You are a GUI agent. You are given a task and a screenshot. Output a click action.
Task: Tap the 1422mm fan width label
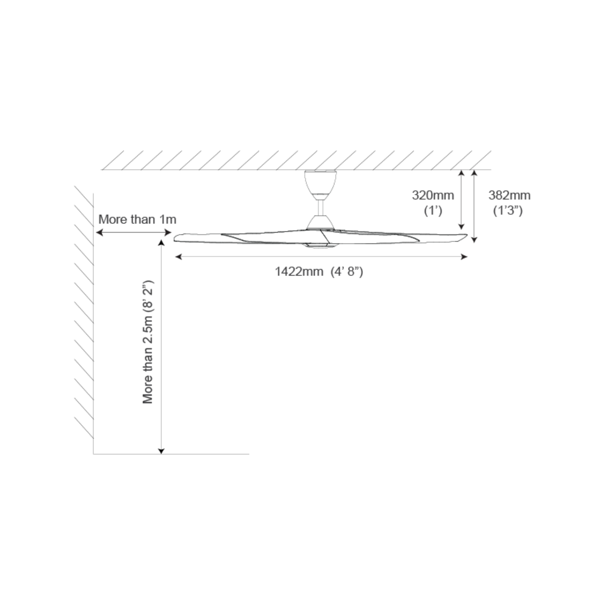[299, 271]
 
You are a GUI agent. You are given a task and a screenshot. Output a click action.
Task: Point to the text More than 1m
[137, 219]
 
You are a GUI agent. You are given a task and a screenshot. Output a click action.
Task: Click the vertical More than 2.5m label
[147, 342]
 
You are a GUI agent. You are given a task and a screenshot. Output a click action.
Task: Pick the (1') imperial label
[433, 211]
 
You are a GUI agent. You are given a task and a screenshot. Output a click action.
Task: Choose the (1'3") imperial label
[508, 211]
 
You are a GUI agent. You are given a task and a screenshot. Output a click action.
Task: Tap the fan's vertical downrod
[320, 207]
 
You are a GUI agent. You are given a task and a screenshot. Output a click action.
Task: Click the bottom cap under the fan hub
[320, 246]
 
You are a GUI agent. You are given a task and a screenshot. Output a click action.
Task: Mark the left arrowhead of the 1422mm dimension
[178, 257]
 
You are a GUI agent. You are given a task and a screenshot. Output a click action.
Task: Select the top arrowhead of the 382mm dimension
[474, 173]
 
